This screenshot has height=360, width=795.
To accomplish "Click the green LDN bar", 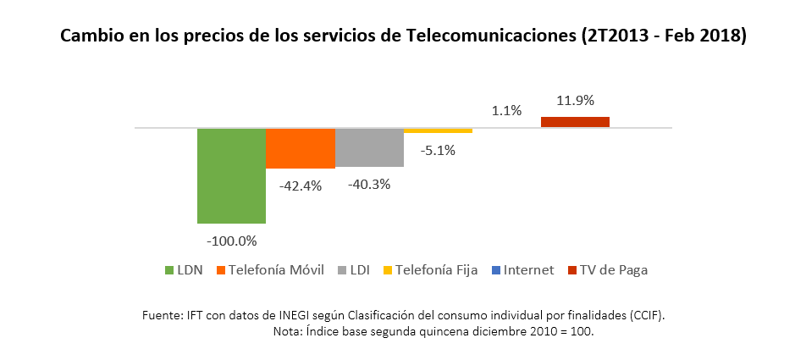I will click(231, 175).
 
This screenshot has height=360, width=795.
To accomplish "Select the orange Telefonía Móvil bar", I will click(300, 148).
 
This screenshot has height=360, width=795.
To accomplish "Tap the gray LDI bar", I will click(369, 147).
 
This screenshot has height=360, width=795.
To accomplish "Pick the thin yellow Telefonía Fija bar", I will click(438, 131).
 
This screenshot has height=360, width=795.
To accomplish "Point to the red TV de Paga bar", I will click(575, 122).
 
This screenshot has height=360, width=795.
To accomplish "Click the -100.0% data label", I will click(230, 241).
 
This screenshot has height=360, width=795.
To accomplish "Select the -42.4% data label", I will click(300, 186).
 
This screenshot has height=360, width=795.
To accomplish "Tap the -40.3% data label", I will click(368, 183).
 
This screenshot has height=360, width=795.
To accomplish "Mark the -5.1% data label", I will click(438, 151).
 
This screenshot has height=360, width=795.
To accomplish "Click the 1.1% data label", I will click(506, 110).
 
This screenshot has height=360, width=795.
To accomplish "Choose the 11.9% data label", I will click(575, 100).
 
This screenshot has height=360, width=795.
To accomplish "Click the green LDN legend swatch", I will click(169, 270).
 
